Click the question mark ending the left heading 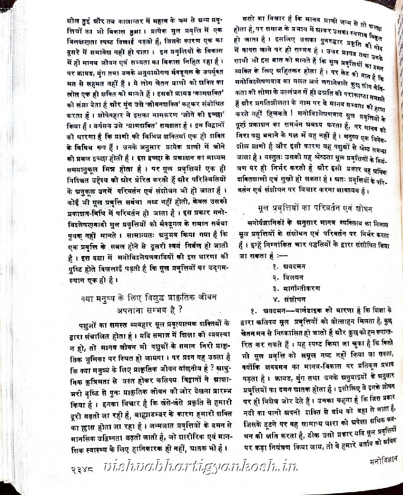[180, 311]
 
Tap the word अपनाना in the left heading [132, 311]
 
